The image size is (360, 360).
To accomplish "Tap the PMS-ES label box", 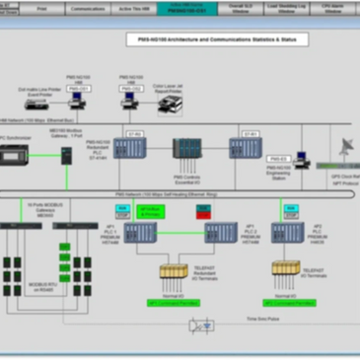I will pyautogui.click(x=277, y=158).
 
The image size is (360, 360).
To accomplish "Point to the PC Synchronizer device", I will pyautogui.click(x=18, y=156).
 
